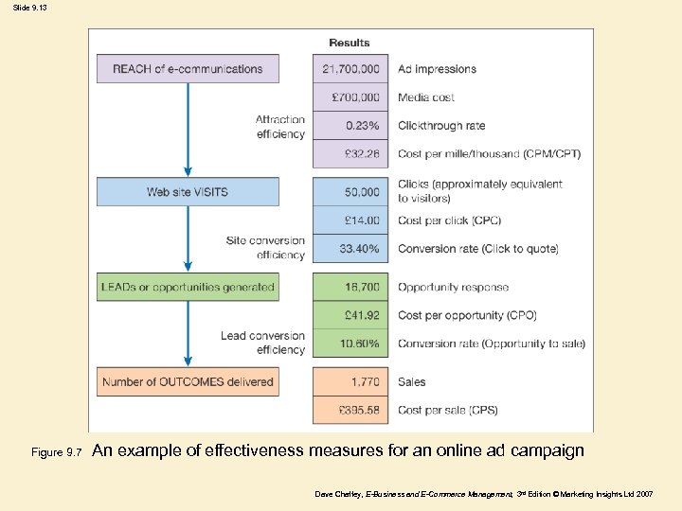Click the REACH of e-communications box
(188, 68)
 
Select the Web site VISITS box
(188, 192)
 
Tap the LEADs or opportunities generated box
(188, 287)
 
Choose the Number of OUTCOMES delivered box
(188, 382)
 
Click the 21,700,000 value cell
(350, 68)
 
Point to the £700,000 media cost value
(350, 97)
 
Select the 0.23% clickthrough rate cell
(350, 125)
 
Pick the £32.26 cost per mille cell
(350, 153)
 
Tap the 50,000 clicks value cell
(350, 192)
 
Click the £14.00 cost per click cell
(350, 220)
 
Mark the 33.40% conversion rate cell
(350, 249)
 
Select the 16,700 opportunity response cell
(350, 287)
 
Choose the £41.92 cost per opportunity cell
(350, 315)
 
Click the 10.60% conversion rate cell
(350, 344)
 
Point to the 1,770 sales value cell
(350, 382)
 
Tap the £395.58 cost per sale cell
(350, 411)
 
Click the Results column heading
(350, 43)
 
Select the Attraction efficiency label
(280, 127)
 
